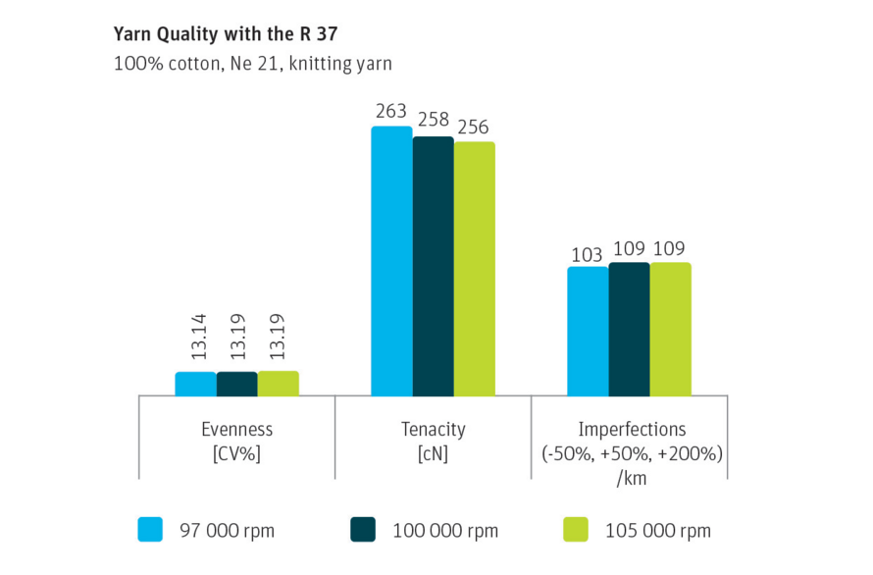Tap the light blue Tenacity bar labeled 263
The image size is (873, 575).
[391, 261]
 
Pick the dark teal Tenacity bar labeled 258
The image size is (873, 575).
[433, 266]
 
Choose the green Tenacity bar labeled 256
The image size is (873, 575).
[474, 269]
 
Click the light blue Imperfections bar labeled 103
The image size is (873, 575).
[588, 331]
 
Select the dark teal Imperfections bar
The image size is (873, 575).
[629, 329]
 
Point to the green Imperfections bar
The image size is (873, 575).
[670, 329]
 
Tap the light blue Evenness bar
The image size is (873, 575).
[195, 384]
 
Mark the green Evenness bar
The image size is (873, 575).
[278, 383]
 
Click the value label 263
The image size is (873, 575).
[391, 111]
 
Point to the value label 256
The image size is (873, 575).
[474, 128]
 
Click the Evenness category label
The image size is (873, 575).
[236, 430]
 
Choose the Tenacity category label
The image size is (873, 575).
[433, 430]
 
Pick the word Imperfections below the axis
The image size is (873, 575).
[632, 430]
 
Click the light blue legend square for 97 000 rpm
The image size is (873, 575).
[151, 530]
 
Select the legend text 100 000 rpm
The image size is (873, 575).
[445, 531]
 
